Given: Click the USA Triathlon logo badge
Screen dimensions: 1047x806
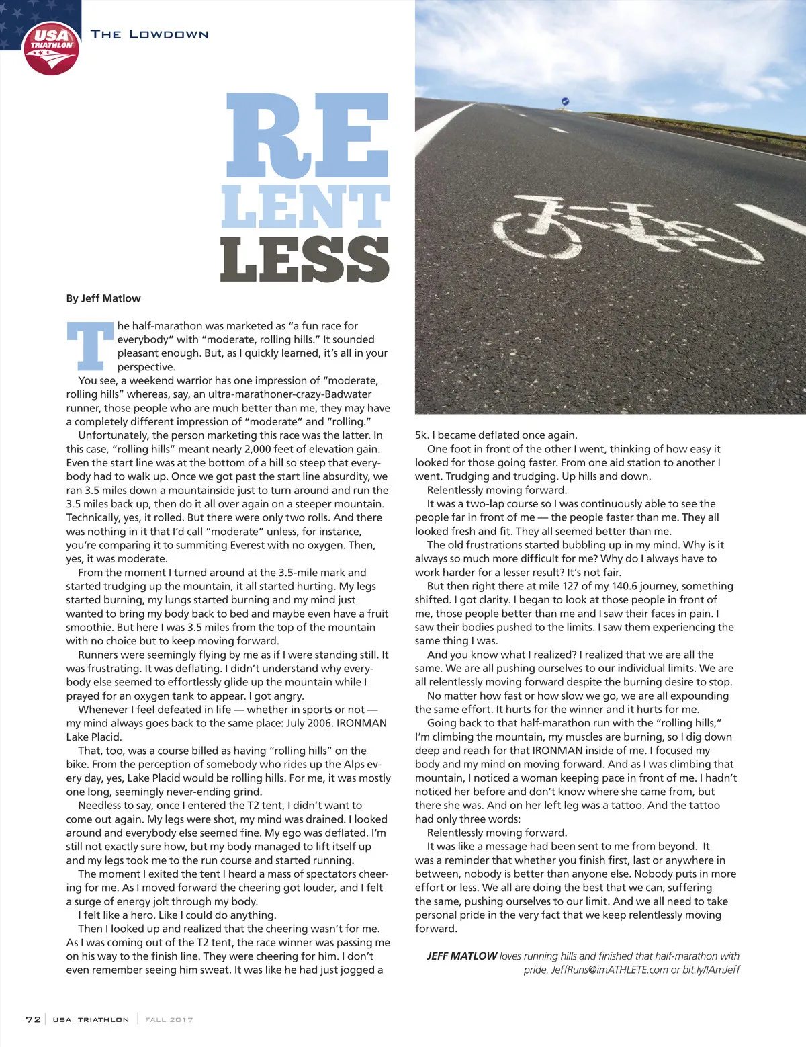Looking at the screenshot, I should click(x=51, y=48).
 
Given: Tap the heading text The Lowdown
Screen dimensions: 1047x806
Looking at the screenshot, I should click(x=149, y=34).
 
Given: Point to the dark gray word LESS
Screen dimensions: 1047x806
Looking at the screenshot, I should click(x=305, y=259).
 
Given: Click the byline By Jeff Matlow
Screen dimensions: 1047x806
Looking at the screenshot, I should click(x=103, y=298).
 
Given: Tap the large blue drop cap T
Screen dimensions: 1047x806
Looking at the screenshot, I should click(x=89, y=346).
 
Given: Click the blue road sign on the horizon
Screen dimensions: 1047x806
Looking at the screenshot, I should click(x=565, y=101).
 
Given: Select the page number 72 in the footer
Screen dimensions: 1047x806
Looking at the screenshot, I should click(x=33, y=1019).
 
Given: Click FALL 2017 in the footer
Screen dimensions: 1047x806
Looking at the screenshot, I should click(x=169, y=1019).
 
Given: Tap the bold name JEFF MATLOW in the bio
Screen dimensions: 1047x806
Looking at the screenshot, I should click(x=462, y=956).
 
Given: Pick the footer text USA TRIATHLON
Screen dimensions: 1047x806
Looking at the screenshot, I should click(x=91, y=1019).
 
